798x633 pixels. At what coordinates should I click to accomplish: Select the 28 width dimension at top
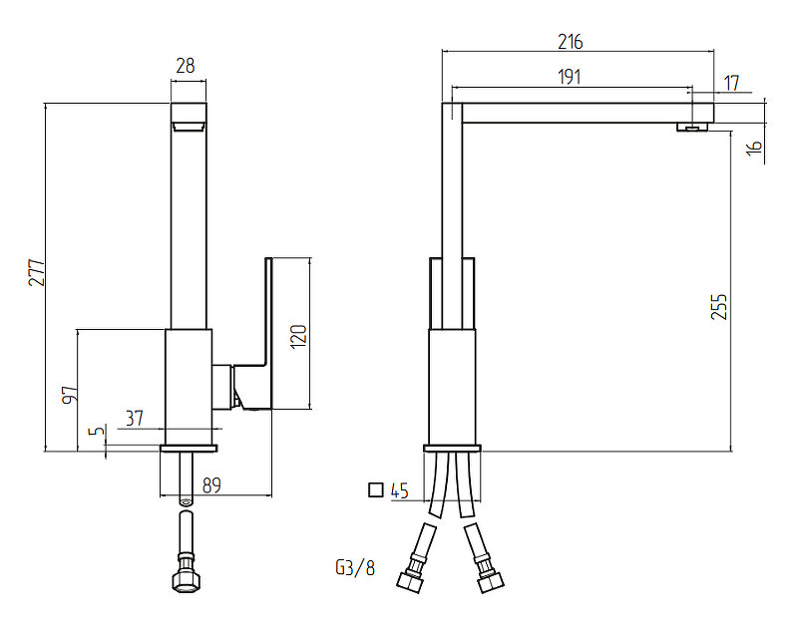(186, 67)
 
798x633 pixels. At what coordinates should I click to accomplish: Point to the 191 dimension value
(569, 77)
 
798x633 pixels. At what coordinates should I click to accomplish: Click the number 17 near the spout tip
(731, 84)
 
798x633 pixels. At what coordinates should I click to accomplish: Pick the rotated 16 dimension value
(754, 149)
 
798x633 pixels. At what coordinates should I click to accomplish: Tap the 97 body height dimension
(68, 394)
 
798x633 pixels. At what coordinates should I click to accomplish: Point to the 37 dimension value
(136, 418)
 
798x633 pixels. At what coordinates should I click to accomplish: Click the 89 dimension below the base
(211, 486)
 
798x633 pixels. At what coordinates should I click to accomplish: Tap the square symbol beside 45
(375, 489)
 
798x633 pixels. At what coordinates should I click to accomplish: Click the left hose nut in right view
(409, 579)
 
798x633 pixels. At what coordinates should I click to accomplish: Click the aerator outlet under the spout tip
(692, 127)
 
